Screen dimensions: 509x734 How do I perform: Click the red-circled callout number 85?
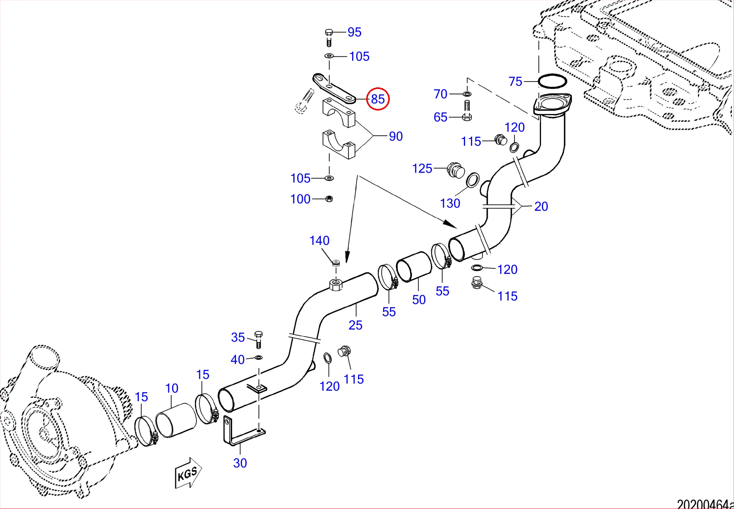coord(378,99)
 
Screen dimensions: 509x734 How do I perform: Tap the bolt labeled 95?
coord(329,37)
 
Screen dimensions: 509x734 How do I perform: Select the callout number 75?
coord(515,82)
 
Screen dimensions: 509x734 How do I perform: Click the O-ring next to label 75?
coord(552,82)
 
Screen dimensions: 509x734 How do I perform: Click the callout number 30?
coord(240,463)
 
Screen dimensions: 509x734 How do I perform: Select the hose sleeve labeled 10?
coord(176,420)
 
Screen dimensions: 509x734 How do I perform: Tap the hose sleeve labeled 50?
coord(414,266)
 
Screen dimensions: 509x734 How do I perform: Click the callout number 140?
coord(319,241)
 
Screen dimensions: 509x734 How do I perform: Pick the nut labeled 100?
coord(329,199)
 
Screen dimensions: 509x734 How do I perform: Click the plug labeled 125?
coord(456,171)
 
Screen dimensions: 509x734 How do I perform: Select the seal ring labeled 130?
coord(472,180)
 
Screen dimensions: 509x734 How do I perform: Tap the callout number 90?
coord(396,136)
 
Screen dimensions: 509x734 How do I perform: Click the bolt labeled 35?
coord(258,339)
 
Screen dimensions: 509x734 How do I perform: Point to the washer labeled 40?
coord(258,357)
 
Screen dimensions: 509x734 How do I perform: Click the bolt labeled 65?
coord(467,111)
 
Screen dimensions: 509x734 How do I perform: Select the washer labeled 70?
coord(467,94)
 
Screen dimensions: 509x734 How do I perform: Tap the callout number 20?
coord(541,206)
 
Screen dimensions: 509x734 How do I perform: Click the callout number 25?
coord(355,325)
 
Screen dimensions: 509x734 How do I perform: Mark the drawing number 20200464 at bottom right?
coord(704,504)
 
